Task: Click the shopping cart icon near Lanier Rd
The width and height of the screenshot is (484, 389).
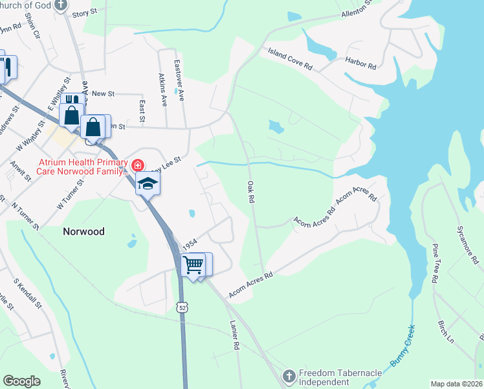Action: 193,265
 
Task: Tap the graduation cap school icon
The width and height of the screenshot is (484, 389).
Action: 148,183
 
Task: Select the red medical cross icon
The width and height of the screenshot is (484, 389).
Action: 137,166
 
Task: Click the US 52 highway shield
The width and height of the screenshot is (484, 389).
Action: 184,310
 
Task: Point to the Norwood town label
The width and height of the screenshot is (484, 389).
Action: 83,231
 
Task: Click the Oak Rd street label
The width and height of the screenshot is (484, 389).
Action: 250,193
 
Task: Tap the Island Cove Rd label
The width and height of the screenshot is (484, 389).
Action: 290,58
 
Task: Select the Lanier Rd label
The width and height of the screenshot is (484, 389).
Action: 234,336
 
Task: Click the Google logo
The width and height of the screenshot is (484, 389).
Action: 21,381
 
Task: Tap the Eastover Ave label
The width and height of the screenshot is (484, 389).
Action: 180,81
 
